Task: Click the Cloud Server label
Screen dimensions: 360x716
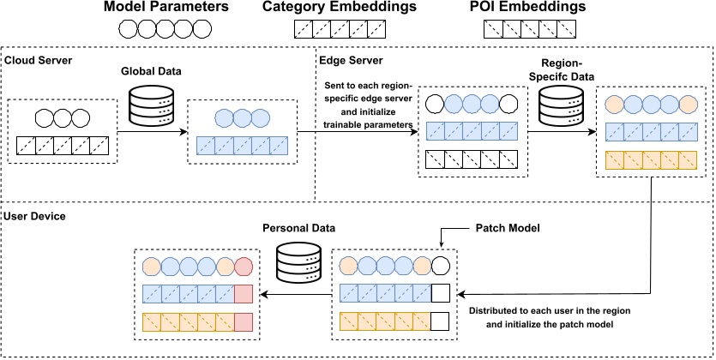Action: pos(38,61)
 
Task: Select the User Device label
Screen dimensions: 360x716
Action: pos(35,216)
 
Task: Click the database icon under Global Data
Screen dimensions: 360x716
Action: pos(151,107)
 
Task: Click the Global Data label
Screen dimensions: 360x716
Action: pos(151,75)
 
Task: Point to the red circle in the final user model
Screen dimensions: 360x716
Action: pos(243,266)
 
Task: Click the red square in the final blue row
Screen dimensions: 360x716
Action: pos(243,294)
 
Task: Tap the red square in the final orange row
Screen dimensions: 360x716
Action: pos(243,322)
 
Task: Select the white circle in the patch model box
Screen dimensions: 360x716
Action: pos(442,266)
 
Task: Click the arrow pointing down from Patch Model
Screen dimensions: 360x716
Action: pos(441,240)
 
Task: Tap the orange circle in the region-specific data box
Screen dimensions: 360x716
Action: pos(614,105)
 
